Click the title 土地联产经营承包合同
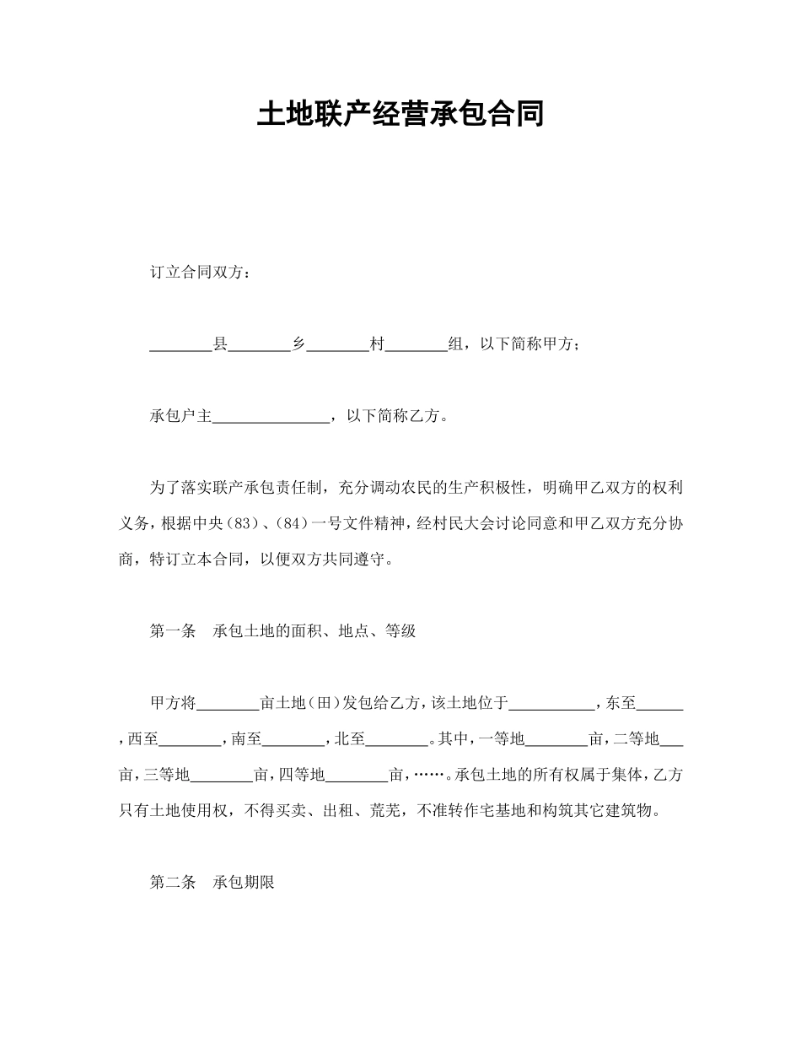tap(400, 114)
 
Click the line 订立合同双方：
tap(199, 273)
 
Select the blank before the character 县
tap(180, 344)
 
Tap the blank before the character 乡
tap(259, 344)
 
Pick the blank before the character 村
tap(337, 344)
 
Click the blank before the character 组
tap(416, 344)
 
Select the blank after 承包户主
tap(270, 416)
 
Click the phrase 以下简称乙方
tap(393, 416)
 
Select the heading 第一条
tap(173, 631)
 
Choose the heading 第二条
tap(173, 884)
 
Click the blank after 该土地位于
tap(552, 703)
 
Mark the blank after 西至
tap(189, 739)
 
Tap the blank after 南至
tap(293, 739)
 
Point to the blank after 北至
tap(396, 739)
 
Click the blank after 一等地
tap(556, 739)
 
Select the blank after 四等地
tap(356, 775)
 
